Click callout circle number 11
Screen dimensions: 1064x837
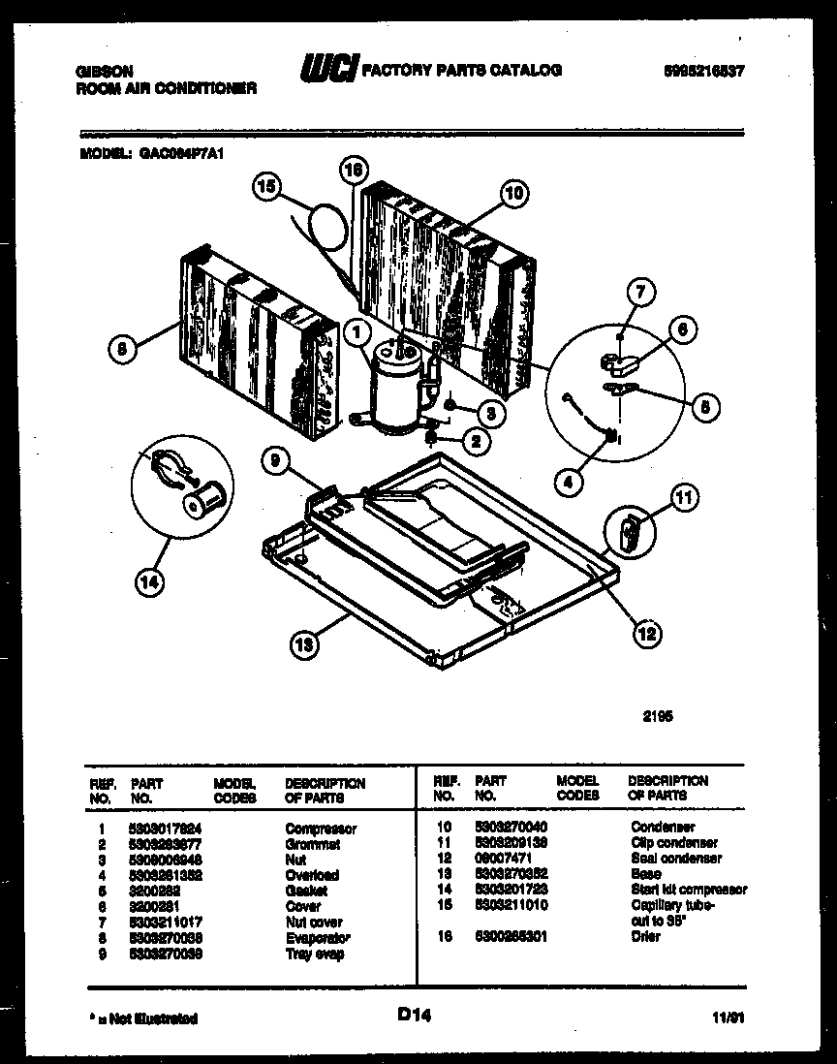tap(684, 502)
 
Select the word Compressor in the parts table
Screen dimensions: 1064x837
tap(321, 829)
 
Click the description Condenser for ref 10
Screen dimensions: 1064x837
tap(663, 827)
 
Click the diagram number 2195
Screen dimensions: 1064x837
tap(658, 718)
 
